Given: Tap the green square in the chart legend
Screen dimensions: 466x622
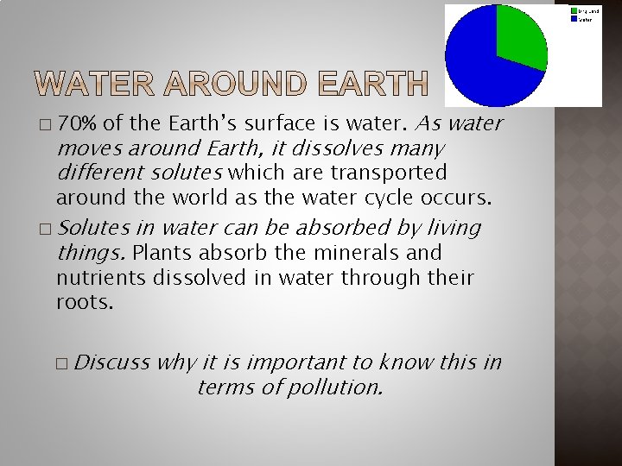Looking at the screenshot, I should (574, 10).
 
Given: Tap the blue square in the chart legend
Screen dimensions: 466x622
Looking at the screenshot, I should (574, 18).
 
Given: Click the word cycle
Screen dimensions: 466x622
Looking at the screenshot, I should (390, 198).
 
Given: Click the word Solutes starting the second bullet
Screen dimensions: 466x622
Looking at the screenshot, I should (92, 228).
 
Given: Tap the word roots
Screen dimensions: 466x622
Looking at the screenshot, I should (84, 303).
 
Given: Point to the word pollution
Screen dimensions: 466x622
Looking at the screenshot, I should (333, 387).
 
